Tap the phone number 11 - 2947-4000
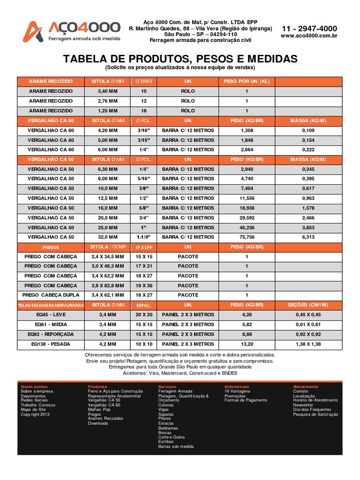click(x=309, y=29)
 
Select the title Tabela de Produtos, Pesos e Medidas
click(x=180, y=59)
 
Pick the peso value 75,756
click(x=247, y=237)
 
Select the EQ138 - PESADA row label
click(x=51, y=344)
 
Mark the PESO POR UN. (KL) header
click(x=247, y=82)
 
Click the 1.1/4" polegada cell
click(x=143, y=237)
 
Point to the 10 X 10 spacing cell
click(x=143, y=344)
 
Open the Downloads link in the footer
click(x=98, y=423)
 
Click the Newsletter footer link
click(x=303, y=405)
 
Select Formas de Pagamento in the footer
click(x=246, y=400)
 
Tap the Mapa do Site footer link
click(x=33, y=410)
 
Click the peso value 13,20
click(x=247, y=344)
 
